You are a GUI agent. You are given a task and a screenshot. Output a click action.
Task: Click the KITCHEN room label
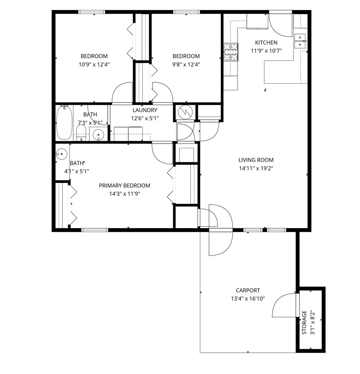[266, 43]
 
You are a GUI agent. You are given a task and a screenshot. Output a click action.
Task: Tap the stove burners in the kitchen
[231, 53]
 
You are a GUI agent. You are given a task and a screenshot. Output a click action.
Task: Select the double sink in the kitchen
[300, 39]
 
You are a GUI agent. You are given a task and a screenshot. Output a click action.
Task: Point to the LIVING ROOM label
[256, 160]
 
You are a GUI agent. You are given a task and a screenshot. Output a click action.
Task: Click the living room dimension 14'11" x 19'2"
[256, 168]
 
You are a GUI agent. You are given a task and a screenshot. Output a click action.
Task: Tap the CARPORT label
[248, 290]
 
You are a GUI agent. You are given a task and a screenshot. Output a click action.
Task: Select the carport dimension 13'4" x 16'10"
[248, 299]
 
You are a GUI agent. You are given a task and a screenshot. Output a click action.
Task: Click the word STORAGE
[304, 323]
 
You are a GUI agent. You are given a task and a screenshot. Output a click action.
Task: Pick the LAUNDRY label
[144, 110]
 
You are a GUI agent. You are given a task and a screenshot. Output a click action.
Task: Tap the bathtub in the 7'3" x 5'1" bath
[64, 123]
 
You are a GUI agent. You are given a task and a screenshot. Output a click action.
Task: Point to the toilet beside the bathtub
[81, 132]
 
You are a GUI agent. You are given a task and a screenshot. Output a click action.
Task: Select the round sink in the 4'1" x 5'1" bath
[62, 154]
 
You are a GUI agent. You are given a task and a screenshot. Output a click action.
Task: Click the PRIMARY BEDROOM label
[124, 186]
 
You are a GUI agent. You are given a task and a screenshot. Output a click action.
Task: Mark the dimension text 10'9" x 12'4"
[94, 64]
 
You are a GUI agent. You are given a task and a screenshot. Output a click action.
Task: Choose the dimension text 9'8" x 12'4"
[186, 64]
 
